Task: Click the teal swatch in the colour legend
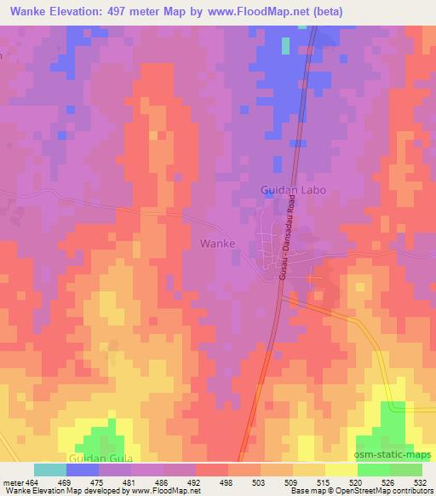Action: [49, 470]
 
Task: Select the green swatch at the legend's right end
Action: [406, 470]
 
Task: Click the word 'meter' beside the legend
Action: [12, 481]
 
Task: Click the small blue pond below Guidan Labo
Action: [269, 194]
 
